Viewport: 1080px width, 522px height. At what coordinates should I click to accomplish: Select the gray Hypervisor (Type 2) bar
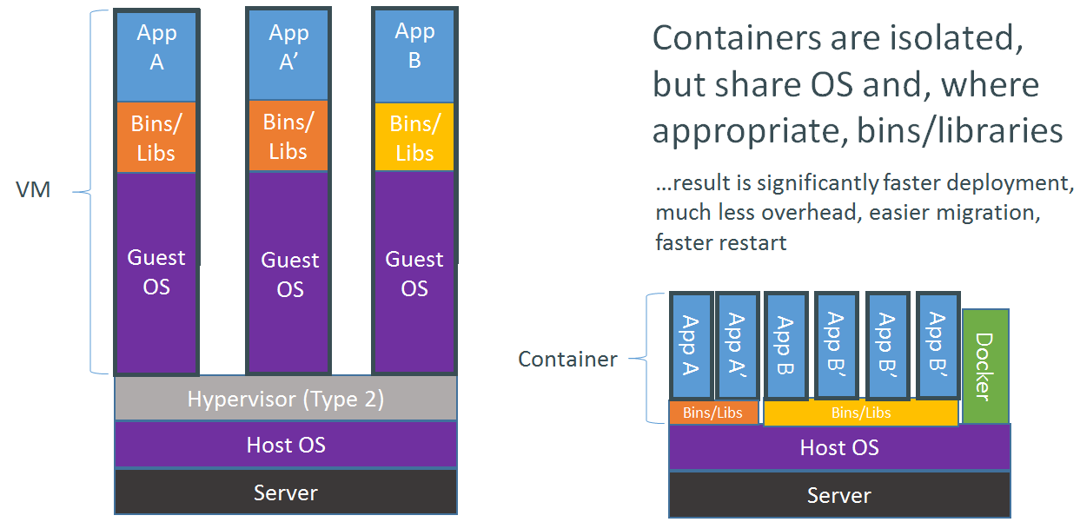[286, 400]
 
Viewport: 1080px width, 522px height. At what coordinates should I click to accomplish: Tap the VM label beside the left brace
[34, 190]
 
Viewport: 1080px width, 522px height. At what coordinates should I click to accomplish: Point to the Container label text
[567, 359]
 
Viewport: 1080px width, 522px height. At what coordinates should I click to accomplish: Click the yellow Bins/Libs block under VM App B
[414, 138]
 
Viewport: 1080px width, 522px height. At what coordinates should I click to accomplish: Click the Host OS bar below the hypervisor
[286, 446]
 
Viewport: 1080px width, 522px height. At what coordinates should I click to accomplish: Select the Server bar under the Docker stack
[838, 495]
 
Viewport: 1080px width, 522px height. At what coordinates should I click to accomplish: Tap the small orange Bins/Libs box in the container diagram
[712, 413]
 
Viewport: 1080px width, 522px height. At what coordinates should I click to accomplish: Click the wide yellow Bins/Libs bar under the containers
[860, 413]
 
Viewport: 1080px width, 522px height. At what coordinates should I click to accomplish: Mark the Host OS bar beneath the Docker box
[838, 447]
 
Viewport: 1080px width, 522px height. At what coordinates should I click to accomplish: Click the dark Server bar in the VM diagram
[286, 492]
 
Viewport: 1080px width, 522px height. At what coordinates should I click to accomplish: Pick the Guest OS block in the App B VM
[414, 273]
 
